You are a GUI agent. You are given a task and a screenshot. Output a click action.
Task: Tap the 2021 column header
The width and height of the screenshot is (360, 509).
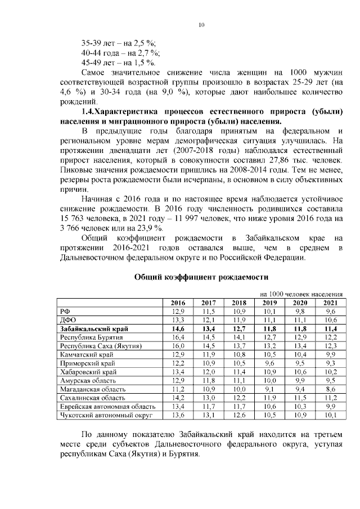pos(331,303)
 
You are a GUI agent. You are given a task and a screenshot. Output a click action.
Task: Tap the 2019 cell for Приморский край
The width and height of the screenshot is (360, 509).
pos(269,363)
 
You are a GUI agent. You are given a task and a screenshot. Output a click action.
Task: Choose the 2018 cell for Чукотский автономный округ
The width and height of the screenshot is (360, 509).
pos(239,416)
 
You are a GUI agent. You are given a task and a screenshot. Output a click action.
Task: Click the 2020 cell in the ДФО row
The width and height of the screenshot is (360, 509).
pos(300,320)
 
